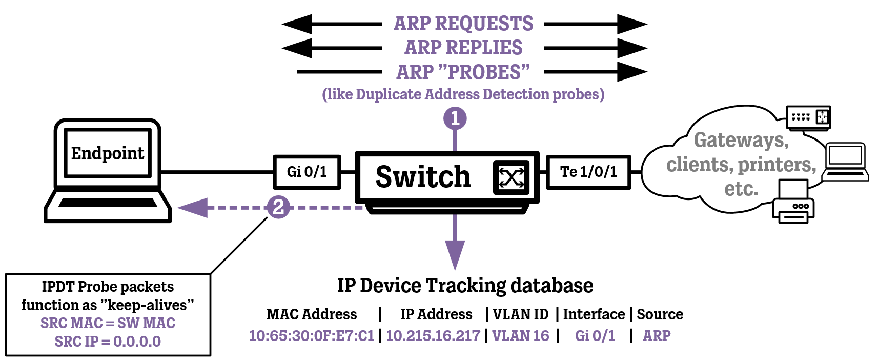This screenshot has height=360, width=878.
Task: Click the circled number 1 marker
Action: coord(455,118)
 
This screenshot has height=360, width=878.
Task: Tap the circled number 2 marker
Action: coord(278,207)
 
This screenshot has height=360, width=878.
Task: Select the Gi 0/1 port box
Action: coord(307,172)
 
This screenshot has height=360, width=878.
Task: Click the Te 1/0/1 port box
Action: coord(588,172)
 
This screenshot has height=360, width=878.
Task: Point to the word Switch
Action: coord(423,177)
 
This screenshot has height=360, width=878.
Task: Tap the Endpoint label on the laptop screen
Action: coord(108,153)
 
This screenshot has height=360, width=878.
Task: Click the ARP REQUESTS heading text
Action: coord(463,24)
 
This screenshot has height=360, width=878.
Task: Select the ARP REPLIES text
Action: coord(463,48)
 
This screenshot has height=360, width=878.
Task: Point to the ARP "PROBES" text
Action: coord(463,72)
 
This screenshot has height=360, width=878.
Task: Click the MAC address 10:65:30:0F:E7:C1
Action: coord(312,336)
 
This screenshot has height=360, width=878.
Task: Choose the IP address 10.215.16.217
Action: coord(433,336)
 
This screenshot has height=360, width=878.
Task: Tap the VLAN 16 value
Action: coord(520,336)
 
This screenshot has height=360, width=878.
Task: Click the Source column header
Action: coord(660,314)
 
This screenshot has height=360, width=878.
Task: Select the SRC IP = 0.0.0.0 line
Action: coord(108,342)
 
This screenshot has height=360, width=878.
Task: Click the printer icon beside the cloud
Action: coord(793,202)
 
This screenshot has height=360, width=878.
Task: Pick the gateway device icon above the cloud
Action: coord(808,117)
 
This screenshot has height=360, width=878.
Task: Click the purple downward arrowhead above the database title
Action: coord(455,254)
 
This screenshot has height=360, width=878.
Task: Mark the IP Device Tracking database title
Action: coord(465,286)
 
